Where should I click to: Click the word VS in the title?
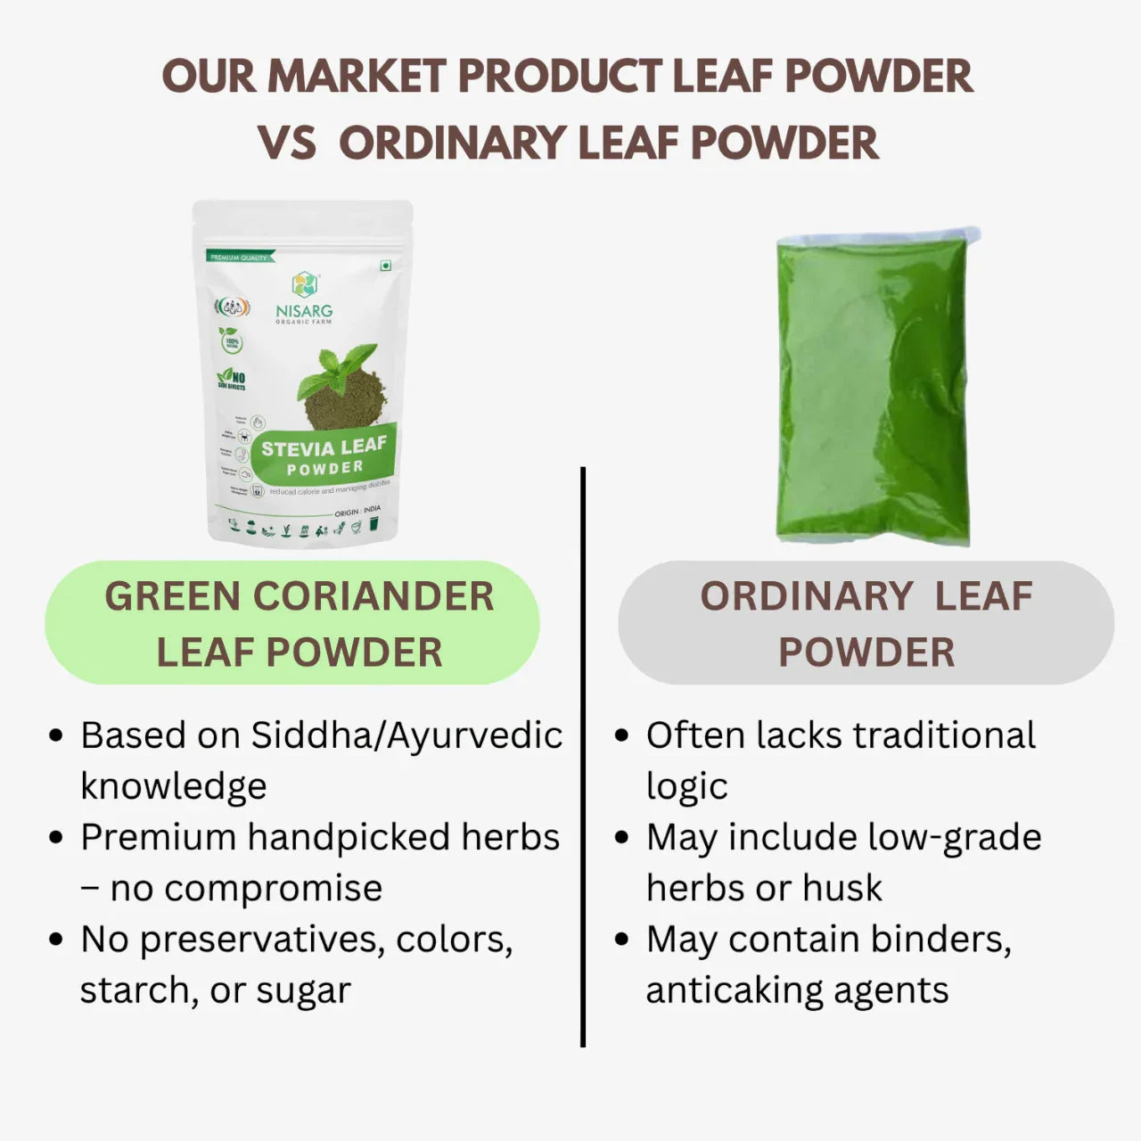coord(287,144)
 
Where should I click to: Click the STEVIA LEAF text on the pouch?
coord(324,447)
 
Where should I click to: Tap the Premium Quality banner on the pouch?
coord(239,257)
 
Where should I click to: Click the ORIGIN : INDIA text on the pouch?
coord(357,512)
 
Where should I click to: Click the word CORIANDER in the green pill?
coord(373,596)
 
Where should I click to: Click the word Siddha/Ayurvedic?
coord(406,736)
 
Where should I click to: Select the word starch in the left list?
coord(130,990)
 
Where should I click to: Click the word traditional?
coord(944,736)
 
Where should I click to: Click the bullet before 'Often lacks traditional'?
coord(622,736)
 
